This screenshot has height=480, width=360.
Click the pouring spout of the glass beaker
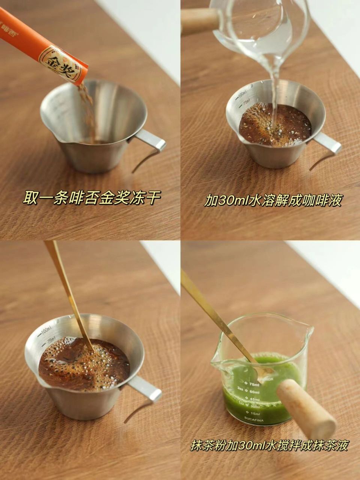[310, 330]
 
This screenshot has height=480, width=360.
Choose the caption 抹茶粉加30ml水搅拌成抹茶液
[269, 445]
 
